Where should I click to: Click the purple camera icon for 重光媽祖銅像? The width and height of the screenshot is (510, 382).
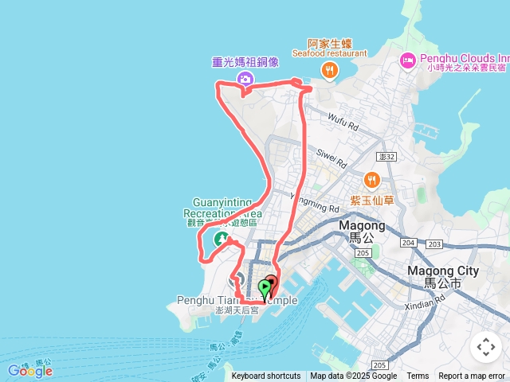pyautogui.click(x=245, y=78)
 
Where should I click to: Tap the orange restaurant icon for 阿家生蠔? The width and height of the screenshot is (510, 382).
pyautogui.click(x=329, y=72)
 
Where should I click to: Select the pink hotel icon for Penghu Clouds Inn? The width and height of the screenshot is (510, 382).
pyautogui.click(x=408, y=60)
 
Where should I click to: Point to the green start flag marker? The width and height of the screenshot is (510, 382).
pyautogui.click(x=265, y=287)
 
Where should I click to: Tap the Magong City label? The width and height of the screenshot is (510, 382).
pyautogui.click(x=443, y=271)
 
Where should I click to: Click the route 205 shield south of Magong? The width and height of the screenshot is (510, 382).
pyautogui.click(x=363, y=253)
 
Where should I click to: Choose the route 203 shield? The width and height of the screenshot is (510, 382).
pyautogui.click(x=434, y=244)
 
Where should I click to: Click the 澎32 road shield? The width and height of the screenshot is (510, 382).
pyautogui.click(x=387, y=157)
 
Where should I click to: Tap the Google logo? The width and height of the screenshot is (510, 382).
pyautogui.click(x=29, y=370)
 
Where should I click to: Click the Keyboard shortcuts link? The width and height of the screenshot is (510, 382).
pyautogui.click(x=266, y=376)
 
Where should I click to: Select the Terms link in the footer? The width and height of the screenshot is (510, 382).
pyautogui.click(x=418, y=376)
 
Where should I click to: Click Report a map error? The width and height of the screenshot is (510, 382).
pyautogui.click(x=472, y=376)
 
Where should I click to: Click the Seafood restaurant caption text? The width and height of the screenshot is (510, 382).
pyautogui.click(x=329, y=54)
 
